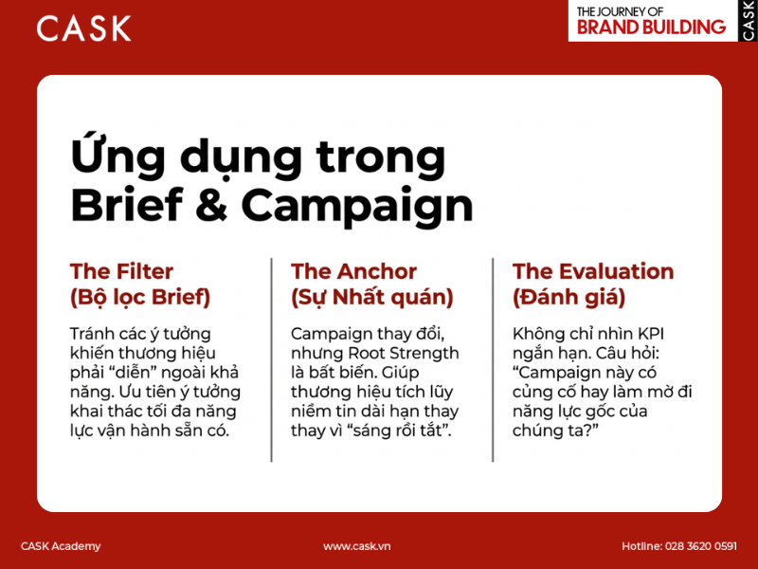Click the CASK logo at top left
[x=83, y=28]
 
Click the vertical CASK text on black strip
[x=749, y=20]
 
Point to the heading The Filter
[x=121, y=271]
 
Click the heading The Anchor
[x=354, y=271]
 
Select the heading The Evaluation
[x=593, y=271]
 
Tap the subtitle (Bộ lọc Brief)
[x=140, y=297]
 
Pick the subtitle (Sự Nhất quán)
[x=372, y=297]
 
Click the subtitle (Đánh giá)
[x=568, y=297]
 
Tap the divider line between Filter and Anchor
[x=272, y=360]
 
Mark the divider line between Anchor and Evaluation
[x=493, y=360]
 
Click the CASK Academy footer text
[x=61, y=546]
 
